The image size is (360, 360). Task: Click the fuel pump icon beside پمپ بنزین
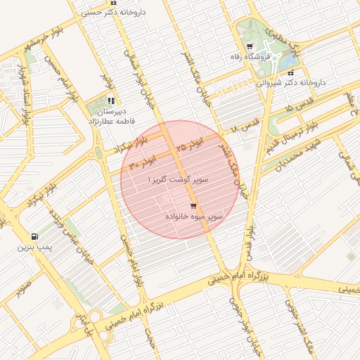coord(35,236)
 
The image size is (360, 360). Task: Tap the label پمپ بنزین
coord(35,248)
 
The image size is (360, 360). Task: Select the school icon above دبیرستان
coord(111,100)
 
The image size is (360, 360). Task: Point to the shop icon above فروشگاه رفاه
coord(249,46)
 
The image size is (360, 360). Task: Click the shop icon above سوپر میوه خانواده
coord(193,206)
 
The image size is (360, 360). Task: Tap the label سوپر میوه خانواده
coord(194,217)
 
